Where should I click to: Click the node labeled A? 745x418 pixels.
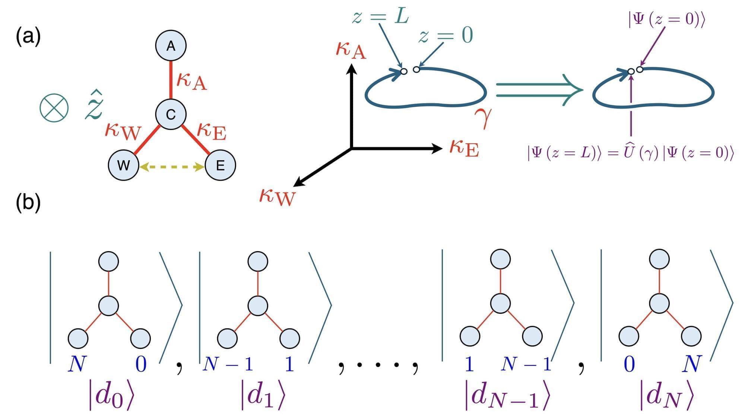[x=171, y=45]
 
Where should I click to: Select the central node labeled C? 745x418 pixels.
[x=171, y=114]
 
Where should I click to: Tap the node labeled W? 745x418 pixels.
[x=124, y=165]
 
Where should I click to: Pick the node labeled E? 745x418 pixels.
[x=220, y=165]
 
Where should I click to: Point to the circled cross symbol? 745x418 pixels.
[x=54, y=108]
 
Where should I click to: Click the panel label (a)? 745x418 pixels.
[x=28, y=37]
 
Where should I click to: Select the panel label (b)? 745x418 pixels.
[x=28, y=203]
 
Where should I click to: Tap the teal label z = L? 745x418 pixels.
[x=380, y=17]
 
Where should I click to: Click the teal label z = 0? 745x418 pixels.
[x=446, y=36]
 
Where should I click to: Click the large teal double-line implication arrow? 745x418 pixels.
[x=539, y=90]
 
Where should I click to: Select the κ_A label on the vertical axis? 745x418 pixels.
[x=351, y=50]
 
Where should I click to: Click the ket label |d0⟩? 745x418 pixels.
[x=111, y=395]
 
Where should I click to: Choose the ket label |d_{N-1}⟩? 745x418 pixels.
[x=507, y=395]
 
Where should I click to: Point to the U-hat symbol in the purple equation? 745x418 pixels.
[x=629, y=152]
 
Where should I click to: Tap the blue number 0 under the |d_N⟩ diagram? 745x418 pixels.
[x=629, y=364]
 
